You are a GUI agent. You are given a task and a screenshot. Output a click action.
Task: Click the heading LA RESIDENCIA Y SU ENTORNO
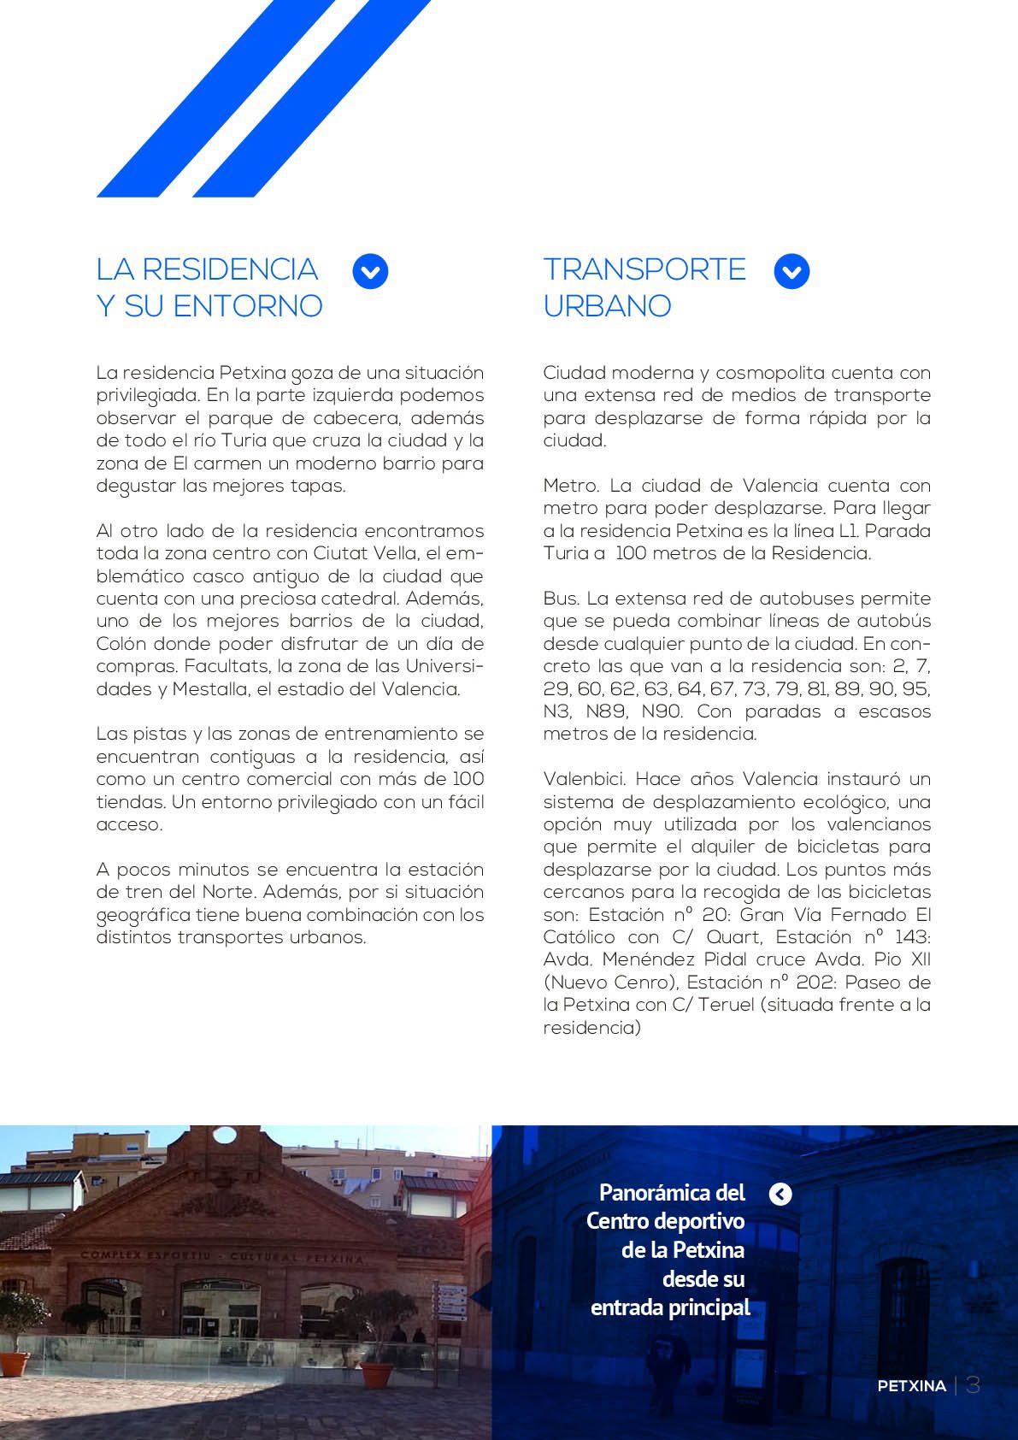[209, 287]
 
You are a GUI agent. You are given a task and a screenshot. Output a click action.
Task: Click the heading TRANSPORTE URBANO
[644, 287]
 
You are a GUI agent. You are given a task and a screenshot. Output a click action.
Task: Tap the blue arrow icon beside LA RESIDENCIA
[370, 272]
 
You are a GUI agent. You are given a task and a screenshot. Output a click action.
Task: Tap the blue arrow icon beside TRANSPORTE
[791, 272]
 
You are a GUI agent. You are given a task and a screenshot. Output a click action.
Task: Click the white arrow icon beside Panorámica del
[780, 1194]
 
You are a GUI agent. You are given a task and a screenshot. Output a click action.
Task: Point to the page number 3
[973, 1385]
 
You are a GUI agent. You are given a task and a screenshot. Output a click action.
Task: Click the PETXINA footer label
[911, 1386]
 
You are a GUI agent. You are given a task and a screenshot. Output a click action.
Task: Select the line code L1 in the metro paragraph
[849, 531]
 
